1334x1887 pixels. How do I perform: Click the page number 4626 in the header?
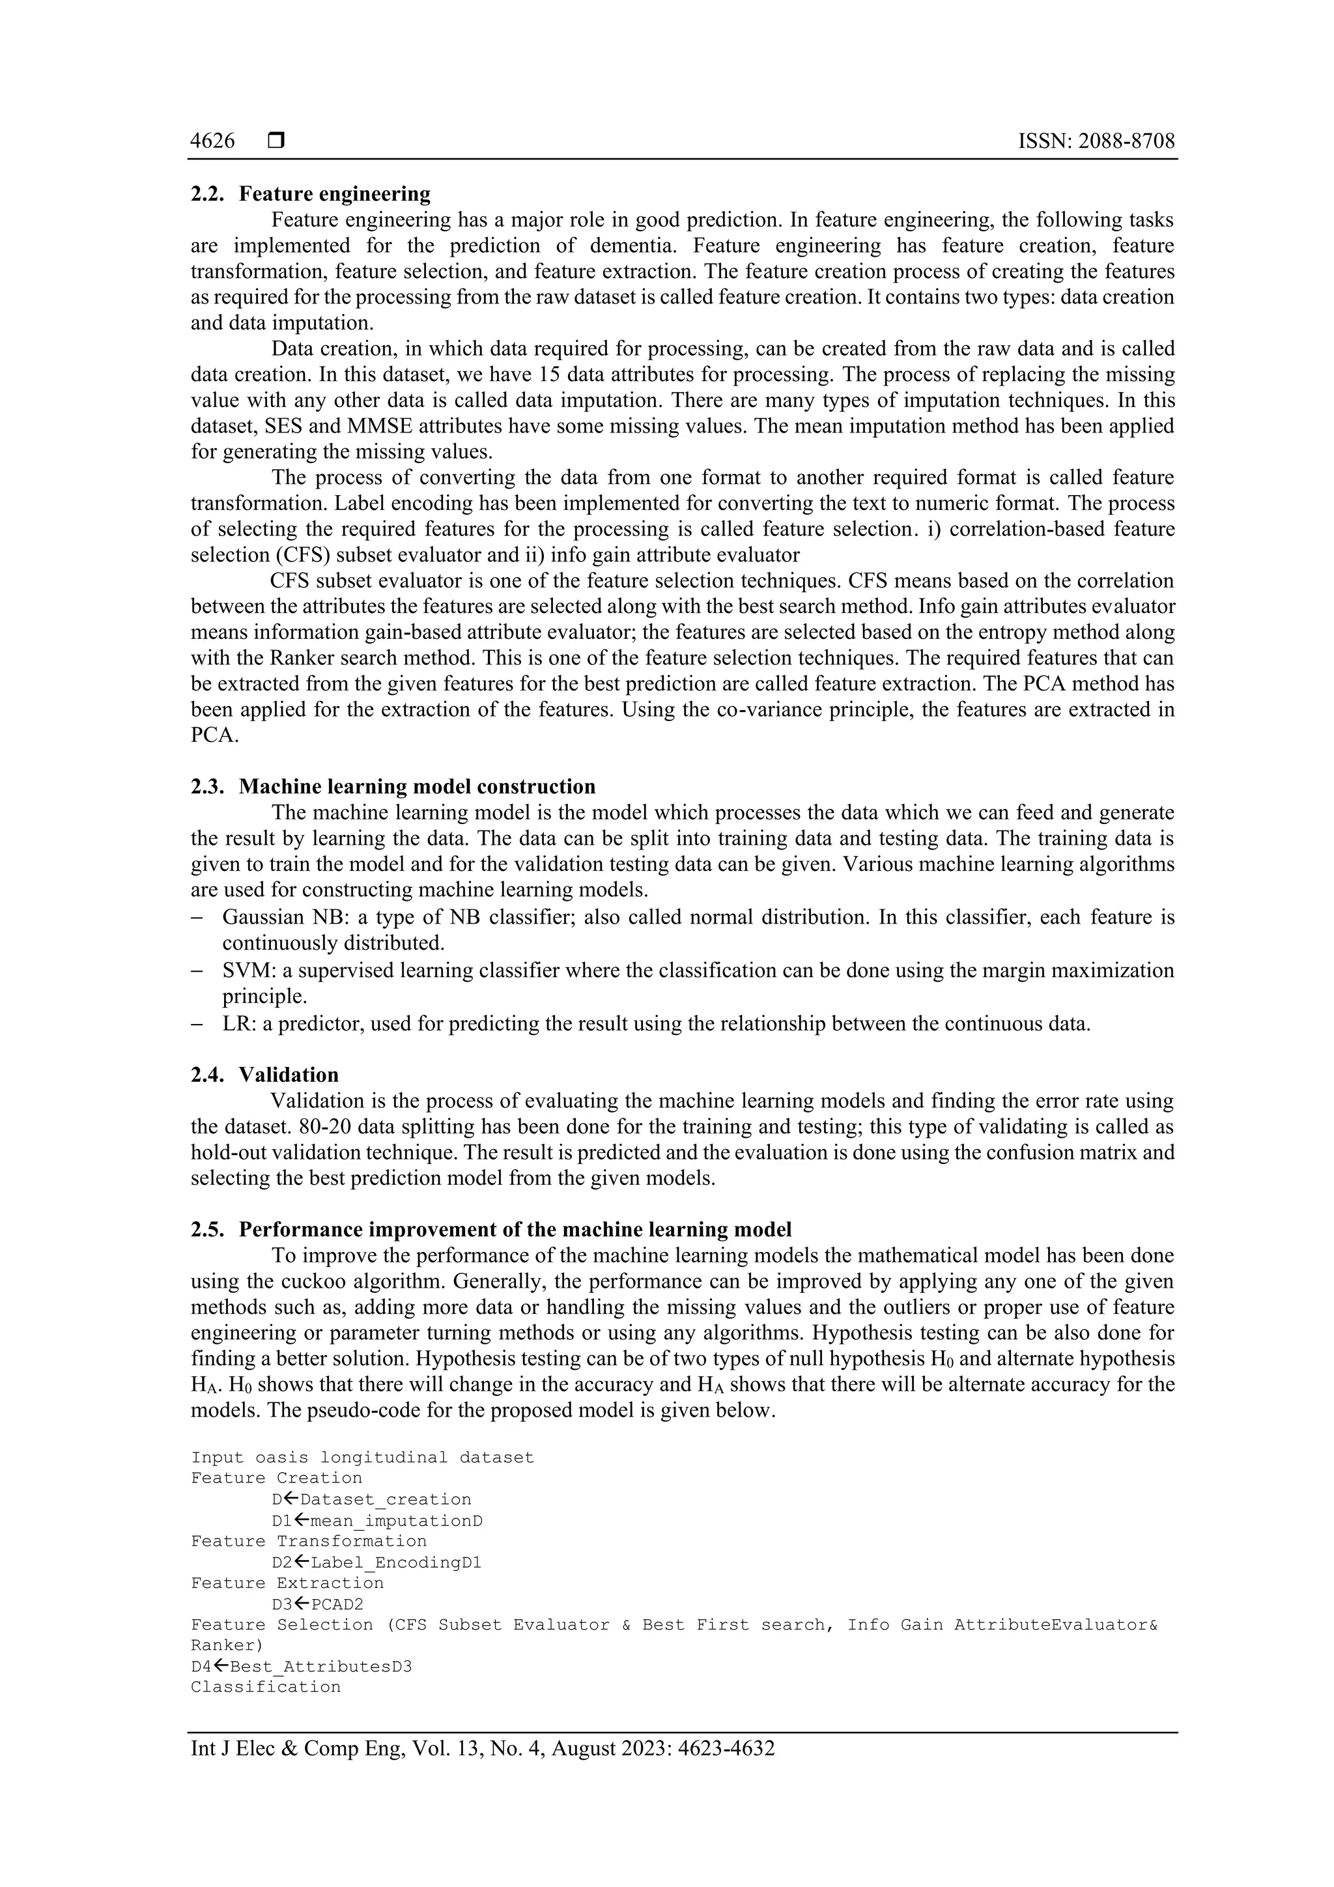coord(212,141)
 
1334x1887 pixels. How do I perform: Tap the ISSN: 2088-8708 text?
coord(1096,141)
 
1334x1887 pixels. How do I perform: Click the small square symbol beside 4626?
coord(276,141)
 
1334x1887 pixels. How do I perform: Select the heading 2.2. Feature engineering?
coord(311,194)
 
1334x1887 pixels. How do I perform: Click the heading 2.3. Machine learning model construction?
coord(393,787)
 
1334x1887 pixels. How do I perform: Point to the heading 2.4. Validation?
coord(264,1075)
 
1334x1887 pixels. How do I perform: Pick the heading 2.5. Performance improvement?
coord(490,1230)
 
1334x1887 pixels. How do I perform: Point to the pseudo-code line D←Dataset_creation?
coord(371,1499)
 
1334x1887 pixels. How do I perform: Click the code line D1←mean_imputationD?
coord(377,1520)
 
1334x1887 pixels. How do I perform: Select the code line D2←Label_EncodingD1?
coord(376,1563)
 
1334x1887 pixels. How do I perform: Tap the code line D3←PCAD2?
coord(317,1604)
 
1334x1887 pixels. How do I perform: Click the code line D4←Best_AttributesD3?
coord(301,1667)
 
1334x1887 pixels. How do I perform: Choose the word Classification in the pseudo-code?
coord(266,1687)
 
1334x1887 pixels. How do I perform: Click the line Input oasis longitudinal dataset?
coord(362,1457)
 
